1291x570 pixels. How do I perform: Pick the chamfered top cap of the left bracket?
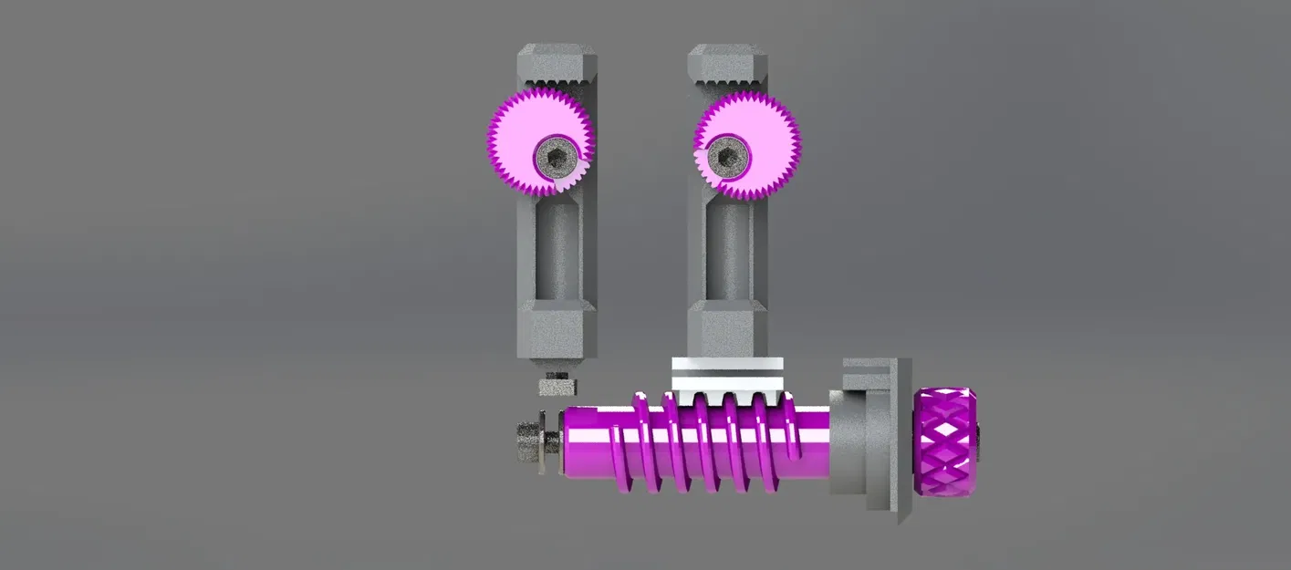point(557,62)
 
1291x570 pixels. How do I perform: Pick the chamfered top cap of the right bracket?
point(727,62)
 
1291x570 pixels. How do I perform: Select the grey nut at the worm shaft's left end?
point(526,442)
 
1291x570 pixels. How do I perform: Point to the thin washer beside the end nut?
point(545,442)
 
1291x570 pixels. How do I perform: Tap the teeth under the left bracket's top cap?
point(557,88)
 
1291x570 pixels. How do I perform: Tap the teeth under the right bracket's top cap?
point(727,88)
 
